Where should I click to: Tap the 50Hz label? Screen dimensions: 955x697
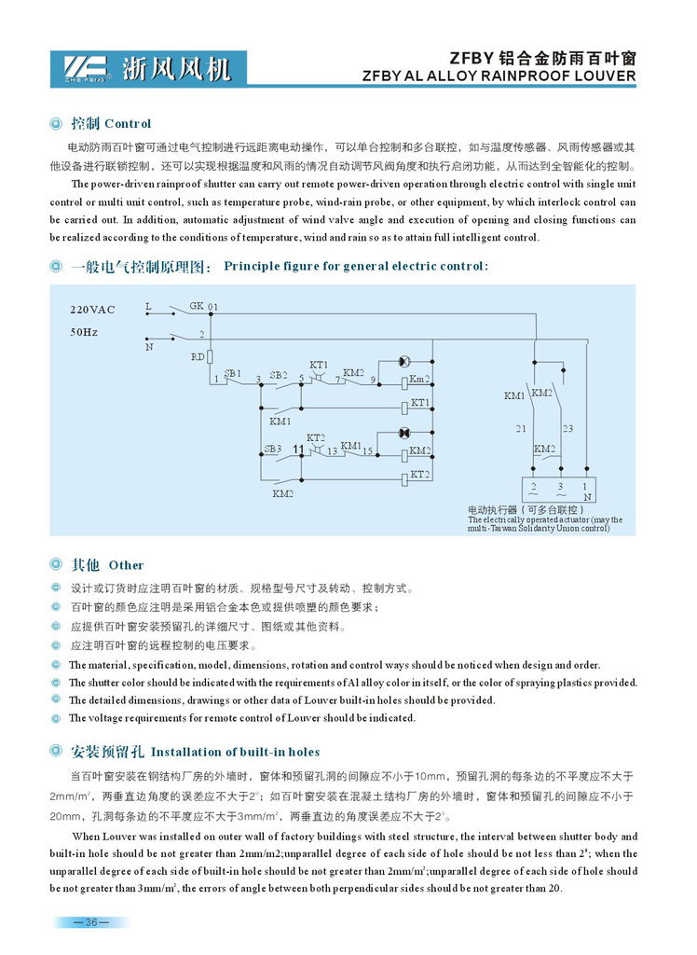point(84,331)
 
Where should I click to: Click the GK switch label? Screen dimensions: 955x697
point(196,305)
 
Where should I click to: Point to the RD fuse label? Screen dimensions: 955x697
point(198,356)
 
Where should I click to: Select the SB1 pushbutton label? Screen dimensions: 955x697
point(232,373)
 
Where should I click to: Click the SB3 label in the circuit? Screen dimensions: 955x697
point(272,449)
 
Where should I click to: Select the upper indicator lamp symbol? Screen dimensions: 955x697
point(404,361)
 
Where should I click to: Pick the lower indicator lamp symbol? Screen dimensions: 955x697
point(404,434)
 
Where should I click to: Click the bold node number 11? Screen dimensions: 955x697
point(298,450)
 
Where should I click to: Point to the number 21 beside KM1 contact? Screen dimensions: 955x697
point(521,429)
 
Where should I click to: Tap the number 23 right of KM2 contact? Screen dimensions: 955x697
point(568,429)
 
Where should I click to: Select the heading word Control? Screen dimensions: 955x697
point(128,124)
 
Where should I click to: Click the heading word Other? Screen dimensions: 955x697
point(127,565)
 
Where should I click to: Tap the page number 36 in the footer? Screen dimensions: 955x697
point(91,923)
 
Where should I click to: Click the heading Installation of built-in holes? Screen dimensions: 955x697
point(235,752)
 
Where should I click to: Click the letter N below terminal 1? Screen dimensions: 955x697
point(584,498)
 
